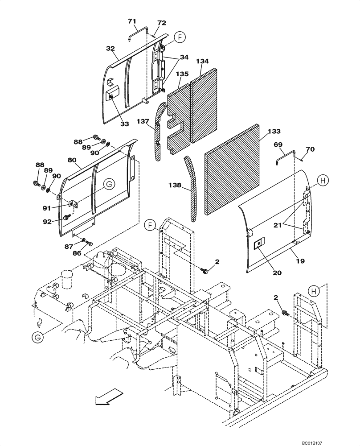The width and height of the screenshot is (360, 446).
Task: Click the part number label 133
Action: (x=275, y=132)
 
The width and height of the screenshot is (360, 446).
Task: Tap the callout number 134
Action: (x=203, y=61)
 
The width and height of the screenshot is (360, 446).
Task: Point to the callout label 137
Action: (x=143, y=121)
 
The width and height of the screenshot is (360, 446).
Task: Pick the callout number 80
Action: (x=72, y=160)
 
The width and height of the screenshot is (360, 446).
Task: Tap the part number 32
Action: (x=110, y=49)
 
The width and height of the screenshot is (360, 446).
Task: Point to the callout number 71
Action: (x=132, y=21)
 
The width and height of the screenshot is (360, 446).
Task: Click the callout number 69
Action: (x=278, y=145)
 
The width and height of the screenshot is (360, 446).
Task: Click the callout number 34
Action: (x=184, y=57)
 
